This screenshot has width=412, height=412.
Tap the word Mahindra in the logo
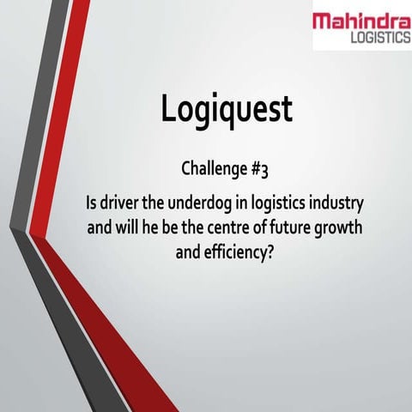coord(361,21)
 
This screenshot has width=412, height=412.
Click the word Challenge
coord(212,168)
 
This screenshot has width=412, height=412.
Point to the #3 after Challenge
coord(259,168)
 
